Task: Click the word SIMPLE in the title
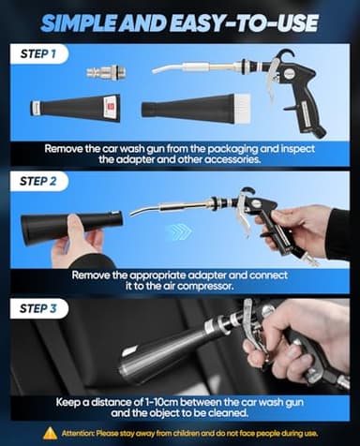click(99, 20)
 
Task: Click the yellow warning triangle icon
click(50, 433)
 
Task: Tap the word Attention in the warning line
click(81, 433)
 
